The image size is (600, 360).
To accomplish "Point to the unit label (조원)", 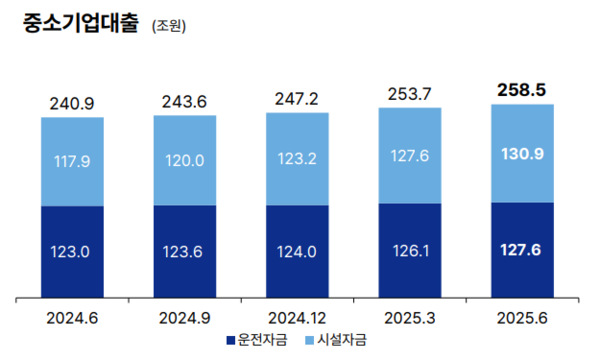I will point(169,27).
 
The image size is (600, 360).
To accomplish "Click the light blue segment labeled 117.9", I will point(72,161).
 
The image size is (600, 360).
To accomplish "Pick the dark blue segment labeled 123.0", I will point(72,252).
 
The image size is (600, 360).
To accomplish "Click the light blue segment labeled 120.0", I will point(184,160).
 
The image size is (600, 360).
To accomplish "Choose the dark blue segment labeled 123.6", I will point(184,252).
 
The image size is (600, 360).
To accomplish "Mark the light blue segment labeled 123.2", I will point(297,159).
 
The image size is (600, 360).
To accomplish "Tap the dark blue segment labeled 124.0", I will point(297,252).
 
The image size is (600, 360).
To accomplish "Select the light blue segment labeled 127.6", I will point(410,156).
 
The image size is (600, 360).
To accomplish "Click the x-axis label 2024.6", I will point(72,317).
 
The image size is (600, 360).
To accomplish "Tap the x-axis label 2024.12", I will point(297,317).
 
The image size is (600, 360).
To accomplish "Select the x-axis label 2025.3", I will point(410,317).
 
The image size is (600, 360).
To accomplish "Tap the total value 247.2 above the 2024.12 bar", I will point(297,100).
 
